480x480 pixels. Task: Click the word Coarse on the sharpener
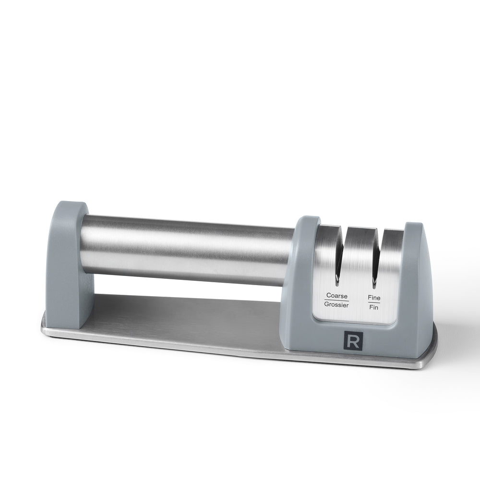pos(337,296)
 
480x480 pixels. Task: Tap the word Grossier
pos(336,305)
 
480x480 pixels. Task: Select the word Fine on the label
pos(374,298)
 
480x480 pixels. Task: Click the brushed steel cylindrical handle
pos(187,250)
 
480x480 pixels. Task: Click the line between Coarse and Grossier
pos(336,300)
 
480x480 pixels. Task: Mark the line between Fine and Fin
pos(374,302)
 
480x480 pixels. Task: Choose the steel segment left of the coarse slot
pos(326,254)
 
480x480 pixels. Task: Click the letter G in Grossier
pos(326,305)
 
